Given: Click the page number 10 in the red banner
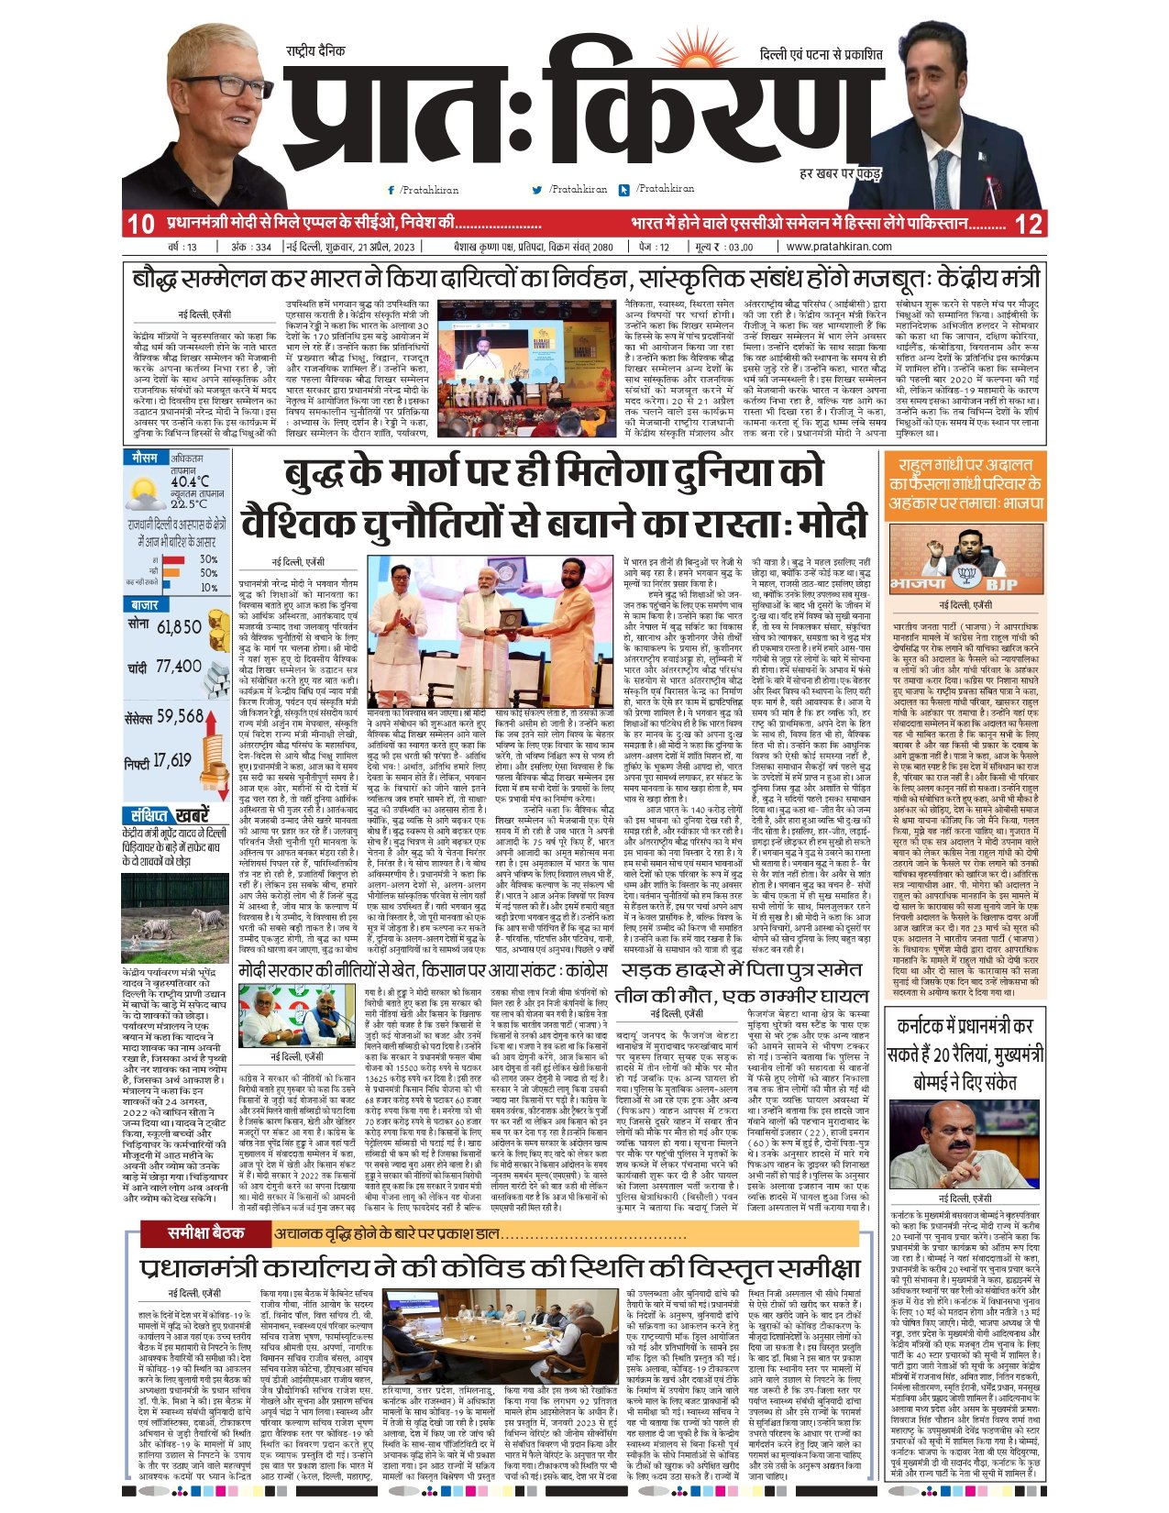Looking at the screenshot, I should coord(140,224).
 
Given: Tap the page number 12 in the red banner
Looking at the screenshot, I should coord(1030,224).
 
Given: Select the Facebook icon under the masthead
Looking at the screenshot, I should coord(392,190).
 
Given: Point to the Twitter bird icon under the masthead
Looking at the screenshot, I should coord(537,190).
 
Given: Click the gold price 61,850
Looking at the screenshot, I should coord(179,627).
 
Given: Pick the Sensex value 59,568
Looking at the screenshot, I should coord(180,715).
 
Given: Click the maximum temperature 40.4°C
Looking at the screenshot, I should coord(189,481).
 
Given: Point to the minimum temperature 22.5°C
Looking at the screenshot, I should coord(188,503).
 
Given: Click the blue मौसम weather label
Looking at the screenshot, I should coord(145,458).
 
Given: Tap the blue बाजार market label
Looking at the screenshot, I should coord(145,605).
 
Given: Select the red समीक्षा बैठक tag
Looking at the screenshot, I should coord(206,1233).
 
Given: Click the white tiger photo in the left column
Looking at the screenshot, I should coord(174,918).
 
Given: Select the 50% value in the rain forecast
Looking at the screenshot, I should coord(208,573).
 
